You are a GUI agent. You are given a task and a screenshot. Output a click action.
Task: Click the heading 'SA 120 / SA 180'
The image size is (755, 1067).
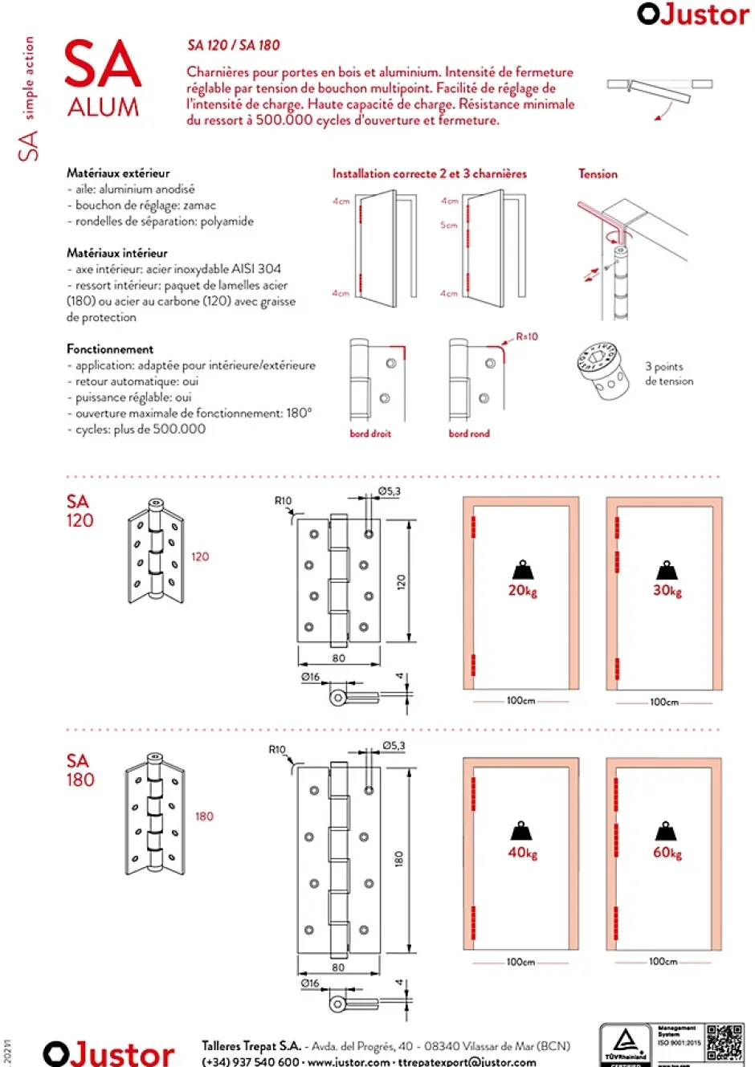[x=234, y=46]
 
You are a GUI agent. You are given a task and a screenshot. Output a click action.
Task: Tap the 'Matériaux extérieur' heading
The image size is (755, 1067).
[x=118, y=173]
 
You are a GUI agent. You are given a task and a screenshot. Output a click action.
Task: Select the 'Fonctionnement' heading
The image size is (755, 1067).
[x=110, y=349]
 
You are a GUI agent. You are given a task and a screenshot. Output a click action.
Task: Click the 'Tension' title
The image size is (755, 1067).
[x=598, y=173]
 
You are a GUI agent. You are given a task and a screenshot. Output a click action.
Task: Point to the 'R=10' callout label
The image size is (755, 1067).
[x=527, y=337]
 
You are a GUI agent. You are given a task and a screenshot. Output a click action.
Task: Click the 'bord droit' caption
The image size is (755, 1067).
[x=370, y=434]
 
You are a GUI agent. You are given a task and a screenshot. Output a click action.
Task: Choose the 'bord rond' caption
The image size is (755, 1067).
[x=469, y=434]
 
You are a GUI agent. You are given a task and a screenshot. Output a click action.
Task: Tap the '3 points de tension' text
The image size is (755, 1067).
[x=668, y=373]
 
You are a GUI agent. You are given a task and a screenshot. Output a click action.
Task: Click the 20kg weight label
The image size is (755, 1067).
[x=522, y=591]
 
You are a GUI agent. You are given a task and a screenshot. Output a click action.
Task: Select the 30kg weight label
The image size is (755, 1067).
[x=667, y=591]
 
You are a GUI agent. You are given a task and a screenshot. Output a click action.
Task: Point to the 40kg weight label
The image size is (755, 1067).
[x=522, y=853]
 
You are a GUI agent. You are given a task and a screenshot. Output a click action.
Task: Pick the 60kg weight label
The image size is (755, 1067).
[x=667, y=853]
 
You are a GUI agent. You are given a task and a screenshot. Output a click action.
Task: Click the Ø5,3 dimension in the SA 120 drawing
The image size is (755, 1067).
[x=390, y=491]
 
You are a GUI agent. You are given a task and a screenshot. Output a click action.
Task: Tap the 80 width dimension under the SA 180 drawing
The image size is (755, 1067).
[x=338, y=967]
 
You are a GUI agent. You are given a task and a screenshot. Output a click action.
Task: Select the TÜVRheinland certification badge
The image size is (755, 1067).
[x=626, y=1045]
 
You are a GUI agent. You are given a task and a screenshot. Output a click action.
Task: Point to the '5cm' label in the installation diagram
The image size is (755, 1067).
[x=448, y=226]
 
